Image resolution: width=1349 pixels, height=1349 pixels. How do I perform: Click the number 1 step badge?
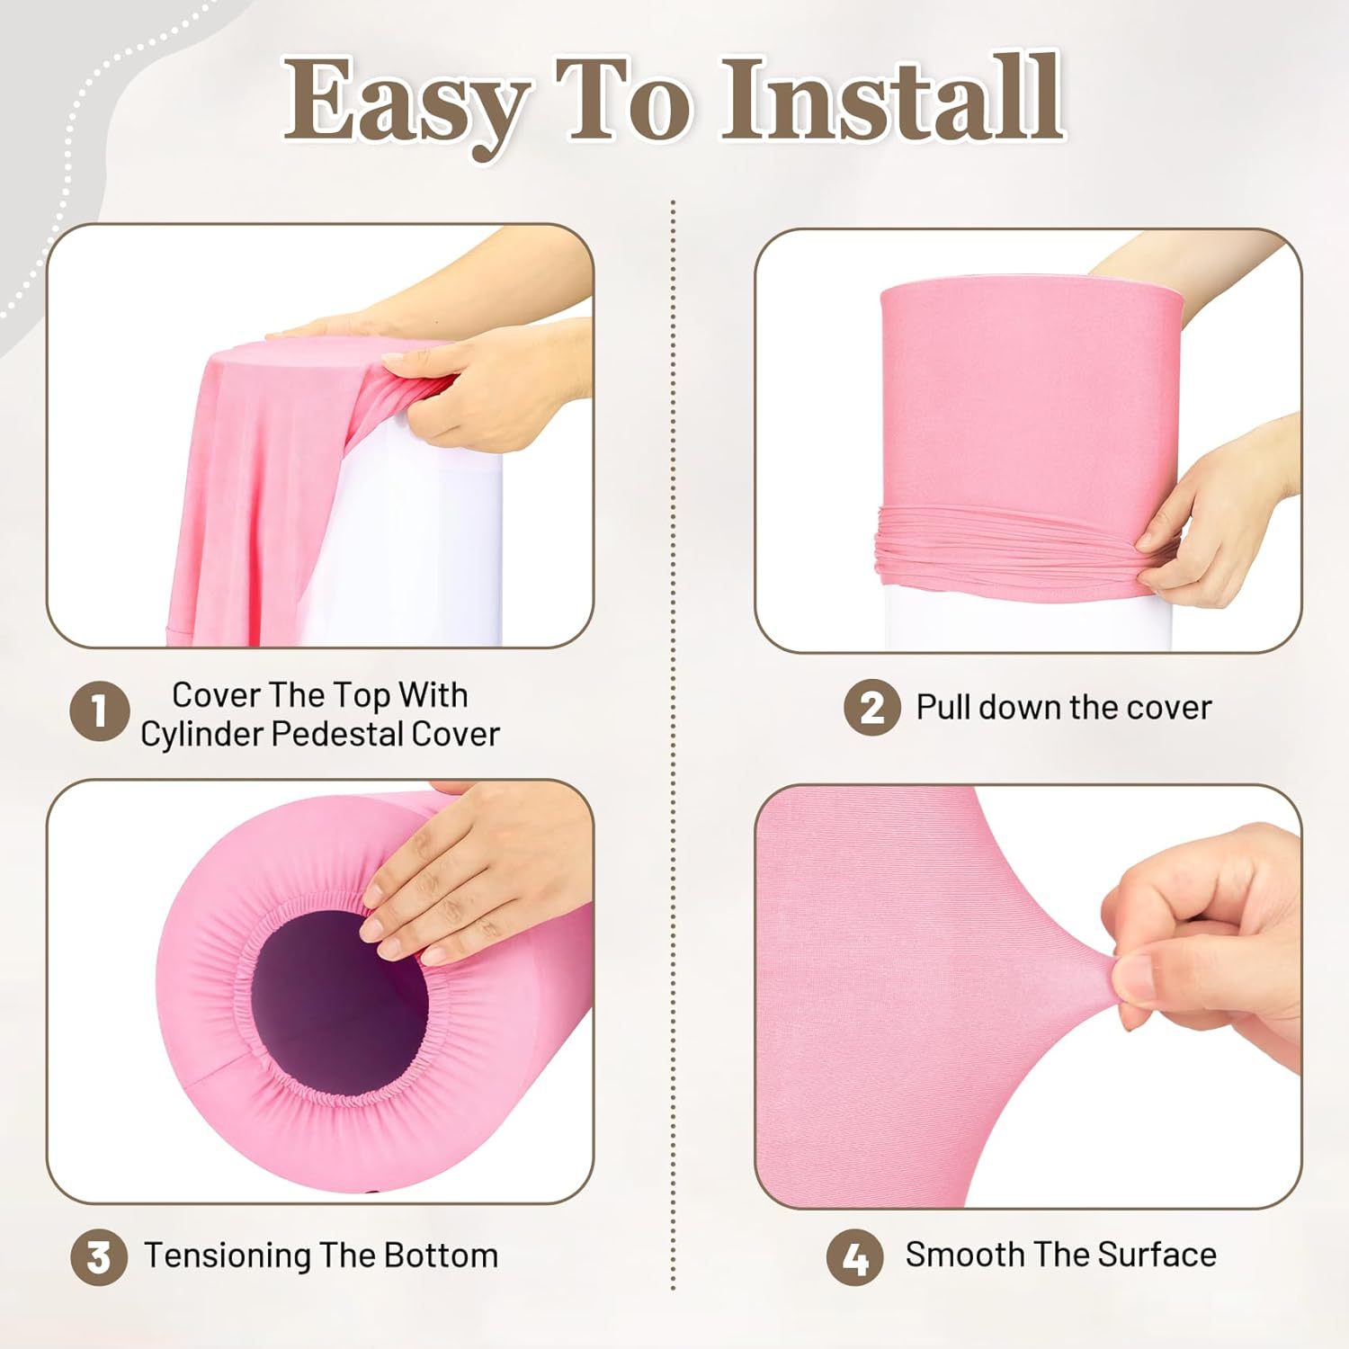(x=99, y=713)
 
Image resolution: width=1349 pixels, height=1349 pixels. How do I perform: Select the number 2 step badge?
(x=871, y=708)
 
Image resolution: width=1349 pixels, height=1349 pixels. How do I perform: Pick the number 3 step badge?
(x=99, y=1256)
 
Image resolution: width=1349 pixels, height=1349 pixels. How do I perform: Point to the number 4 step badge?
(x=854, y=1256)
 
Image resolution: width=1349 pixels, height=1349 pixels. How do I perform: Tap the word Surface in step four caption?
(x=1157, y=1254)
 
